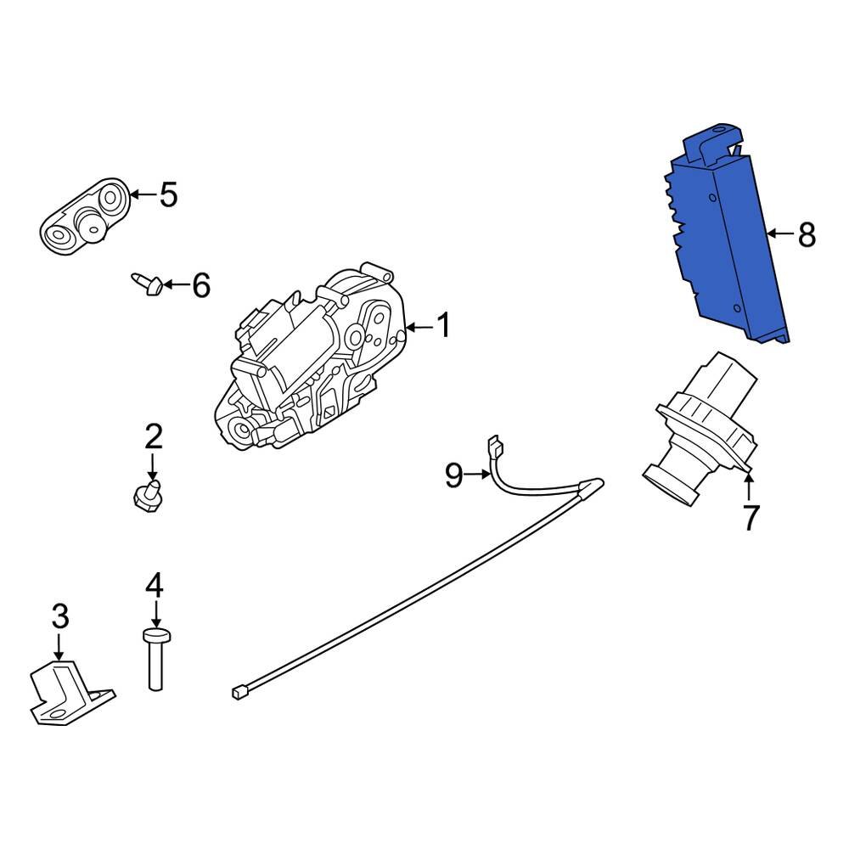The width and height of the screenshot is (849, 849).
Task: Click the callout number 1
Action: click(443, 325)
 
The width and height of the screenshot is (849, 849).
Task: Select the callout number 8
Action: click(807, 235)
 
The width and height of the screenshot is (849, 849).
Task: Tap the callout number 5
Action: click(168, 194)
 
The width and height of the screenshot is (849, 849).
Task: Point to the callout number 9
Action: click(453, 475)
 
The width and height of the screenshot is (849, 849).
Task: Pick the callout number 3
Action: click(60, 616)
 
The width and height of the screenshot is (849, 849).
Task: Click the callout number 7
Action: click(750, 518)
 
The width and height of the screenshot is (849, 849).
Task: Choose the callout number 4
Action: click(155, 585)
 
